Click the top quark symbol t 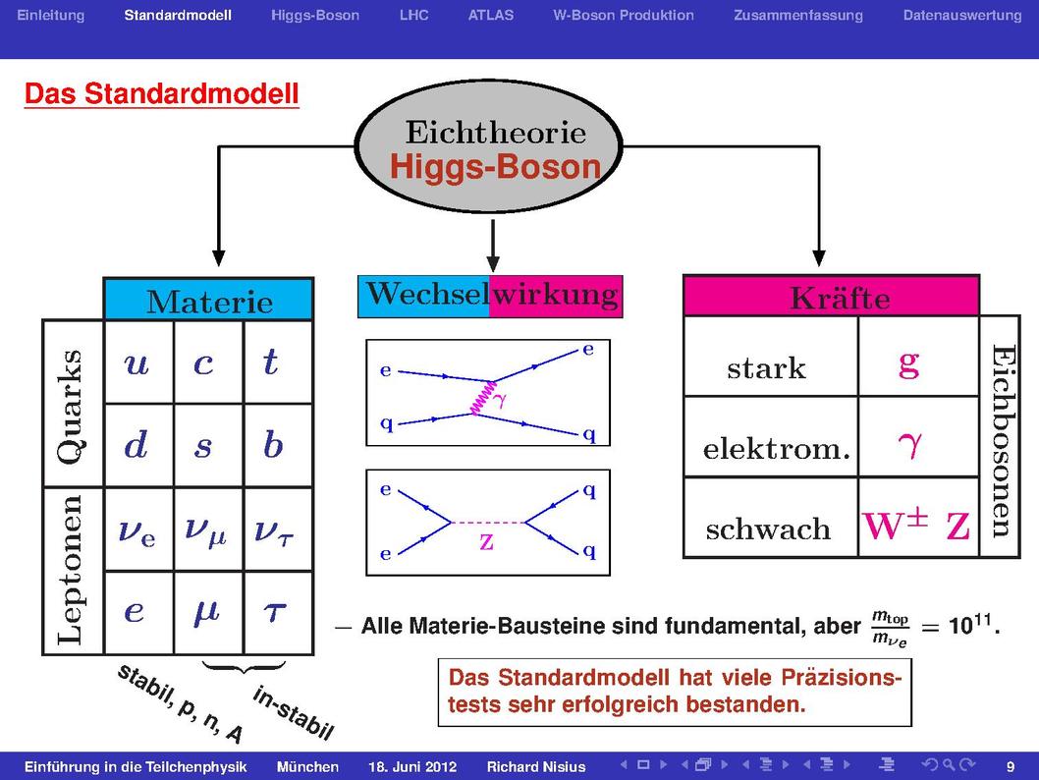tap(270, 362)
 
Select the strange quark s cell tap(208, 445)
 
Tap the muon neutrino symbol tap(205, 530)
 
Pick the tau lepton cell tap(278, 613)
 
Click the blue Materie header tap(209, 300)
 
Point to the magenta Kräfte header tap(831, 296)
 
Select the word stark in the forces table tap(766, 367)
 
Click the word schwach tap(768, 529)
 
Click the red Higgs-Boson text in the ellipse tap(495, 166)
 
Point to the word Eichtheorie tap(496, 132)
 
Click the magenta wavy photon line tap(482, 398)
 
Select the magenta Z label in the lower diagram tap(486, 542)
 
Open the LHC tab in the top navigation tap(413, 16)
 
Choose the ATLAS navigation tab tap(490, 16)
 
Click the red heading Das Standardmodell tap(162, 93)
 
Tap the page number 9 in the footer tap(1011, 767)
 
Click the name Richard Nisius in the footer tap(536, 767)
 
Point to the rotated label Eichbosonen tap(1002, 441)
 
